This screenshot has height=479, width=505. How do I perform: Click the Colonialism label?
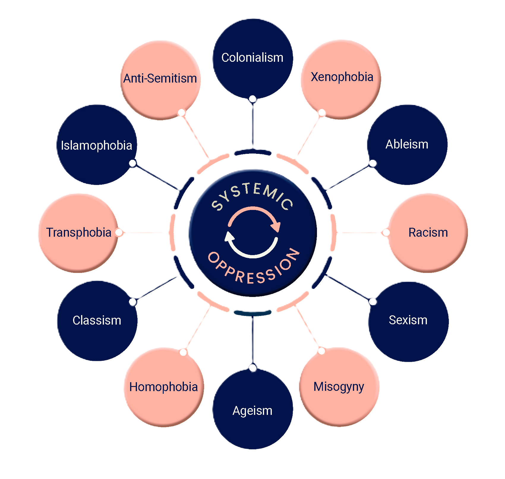click(x=252, y=58)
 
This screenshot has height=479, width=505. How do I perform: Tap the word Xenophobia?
click(x=342, y=77)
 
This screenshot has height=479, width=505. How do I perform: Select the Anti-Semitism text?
click(x=160, y=78)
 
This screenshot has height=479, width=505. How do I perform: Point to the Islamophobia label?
click(x=97, y=146)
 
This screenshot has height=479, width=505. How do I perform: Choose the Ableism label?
click(x=407, y=144)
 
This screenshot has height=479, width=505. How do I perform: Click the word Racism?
click(x=428, y=233)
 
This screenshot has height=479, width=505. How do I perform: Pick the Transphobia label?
click(x=79, y=233)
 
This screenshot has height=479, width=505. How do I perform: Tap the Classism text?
click(x=97, y=320)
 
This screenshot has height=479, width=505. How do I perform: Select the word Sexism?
click(x=408, y=320)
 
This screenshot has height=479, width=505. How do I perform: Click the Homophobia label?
click(x=164, y=387)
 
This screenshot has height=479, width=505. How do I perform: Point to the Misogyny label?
click(x=339, y=387)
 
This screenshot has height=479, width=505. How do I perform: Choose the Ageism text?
click(x=252, y=411)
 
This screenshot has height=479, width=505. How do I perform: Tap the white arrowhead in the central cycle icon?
click(x=229, y=237)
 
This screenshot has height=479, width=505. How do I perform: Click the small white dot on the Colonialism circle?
click(x=253, y=99)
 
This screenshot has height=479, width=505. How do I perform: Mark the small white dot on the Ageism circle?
click(x=253, y=368)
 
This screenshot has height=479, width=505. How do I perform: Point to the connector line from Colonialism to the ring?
click(x=253, y=125)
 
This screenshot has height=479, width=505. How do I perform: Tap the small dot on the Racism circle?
click(x=386, y=233)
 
